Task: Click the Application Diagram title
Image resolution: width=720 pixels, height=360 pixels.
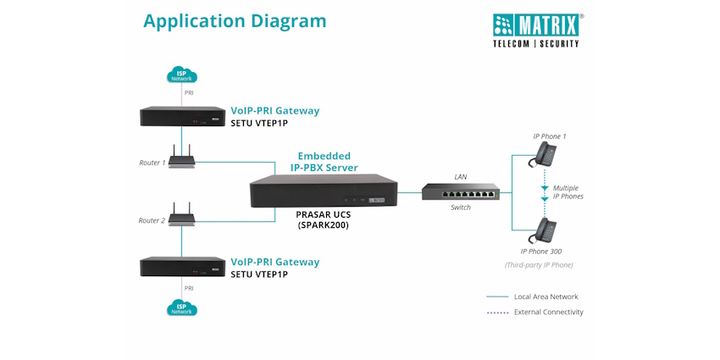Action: (235, 21)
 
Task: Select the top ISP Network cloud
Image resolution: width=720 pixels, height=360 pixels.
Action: (181, 75)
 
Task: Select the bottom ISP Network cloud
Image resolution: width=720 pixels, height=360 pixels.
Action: (181, 307)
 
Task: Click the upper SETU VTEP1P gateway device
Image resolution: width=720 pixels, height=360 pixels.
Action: (181, 116)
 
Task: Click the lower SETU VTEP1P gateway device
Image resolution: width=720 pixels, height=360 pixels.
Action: (181, 267)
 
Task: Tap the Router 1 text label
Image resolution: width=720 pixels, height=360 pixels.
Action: (152, 163)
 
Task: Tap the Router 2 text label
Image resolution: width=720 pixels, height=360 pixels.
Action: (152, 220)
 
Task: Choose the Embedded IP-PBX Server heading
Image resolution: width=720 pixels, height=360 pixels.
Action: (324, 162)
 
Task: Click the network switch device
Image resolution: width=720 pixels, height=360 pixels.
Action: (461, 192)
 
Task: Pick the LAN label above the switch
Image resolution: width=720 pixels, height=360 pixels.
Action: (461, 177)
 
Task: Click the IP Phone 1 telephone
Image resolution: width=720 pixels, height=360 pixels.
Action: (543, 155)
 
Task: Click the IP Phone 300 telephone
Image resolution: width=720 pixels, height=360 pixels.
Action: (543, 230)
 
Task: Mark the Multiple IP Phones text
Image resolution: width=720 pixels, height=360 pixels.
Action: (568, 192)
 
